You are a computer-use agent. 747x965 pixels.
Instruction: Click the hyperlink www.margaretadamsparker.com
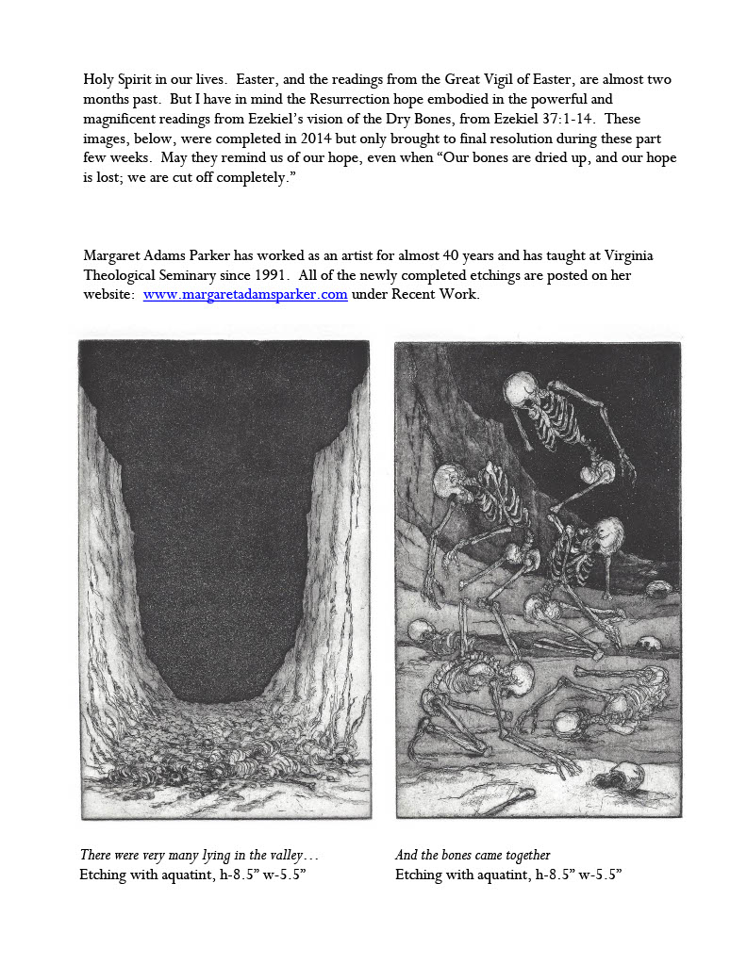coord(245,294)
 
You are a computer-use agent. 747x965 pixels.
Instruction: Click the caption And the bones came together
coord(473,855)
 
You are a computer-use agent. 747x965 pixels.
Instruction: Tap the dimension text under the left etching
coord(193,875)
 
